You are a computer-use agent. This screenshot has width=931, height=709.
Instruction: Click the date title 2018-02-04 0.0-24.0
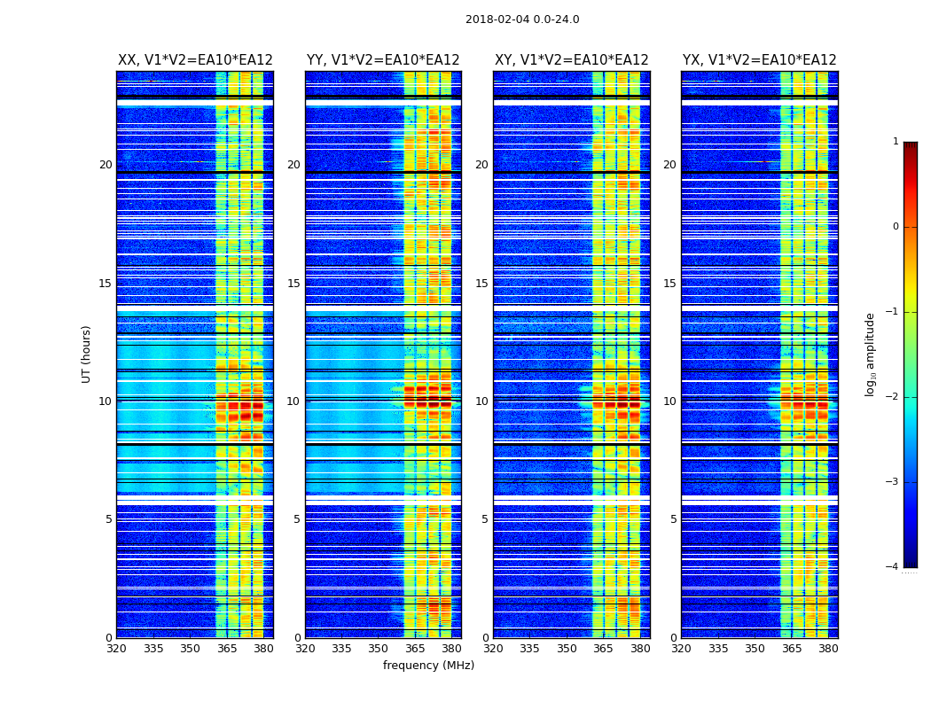coord(522,19)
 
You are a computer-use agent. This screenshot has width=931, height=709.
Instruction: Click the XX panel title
coord(195,60)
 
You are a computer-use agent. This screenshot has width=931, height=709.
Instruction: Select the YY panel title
coord(383,60)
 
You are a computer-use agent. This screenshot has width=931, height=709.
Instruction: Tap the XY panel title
coord(571,60)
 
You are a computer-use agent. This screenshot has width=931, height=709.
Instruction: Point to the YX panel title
coord(759,60)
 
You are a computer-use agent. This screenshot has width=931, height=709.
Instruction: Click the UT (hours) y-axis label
coord(87,354)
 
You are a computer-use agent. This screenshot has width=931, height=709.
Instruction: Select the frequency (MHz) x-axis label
coord(428,666)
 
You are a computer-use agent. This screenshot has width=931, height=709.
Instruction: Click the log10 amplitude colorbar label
coord(871,354)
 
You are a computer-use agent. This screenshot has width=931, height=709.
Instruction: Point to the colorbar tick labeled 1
coord(896,142)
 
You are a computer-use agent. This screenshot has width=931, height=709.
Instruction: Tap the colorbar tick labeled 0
coord(896,227)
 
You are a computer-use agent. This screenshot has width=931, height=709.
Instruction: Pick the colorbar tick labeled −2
coord(894,397)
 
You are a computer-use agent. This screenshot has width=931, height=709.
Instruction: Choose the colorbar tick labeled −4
coord(894,567)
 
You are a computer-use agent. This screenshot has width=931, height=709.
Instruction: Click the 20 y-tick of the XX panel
coord(106,165)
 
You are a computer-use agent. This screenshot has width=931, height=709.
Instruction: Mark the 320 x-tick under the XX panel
coord(116,649)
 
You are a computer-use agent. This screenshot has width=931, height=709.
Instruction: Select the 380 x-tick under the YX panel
coord(828,649)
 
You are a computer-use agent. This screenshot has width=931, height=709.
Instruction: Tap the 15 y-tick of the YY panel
coord(293,284)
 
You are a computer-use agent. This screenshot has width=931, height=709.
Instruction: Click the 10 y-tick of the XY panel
coord(481,401)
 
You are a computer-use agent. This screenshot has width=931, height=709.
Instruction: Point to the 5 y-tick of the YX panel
coord(674,519)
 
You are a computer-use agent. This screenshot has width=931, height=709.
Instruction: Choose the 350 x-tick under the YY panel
coord(379,649)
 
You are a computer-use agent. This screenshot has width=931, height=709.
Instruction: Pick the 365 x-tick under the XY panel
coord(604,649)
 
